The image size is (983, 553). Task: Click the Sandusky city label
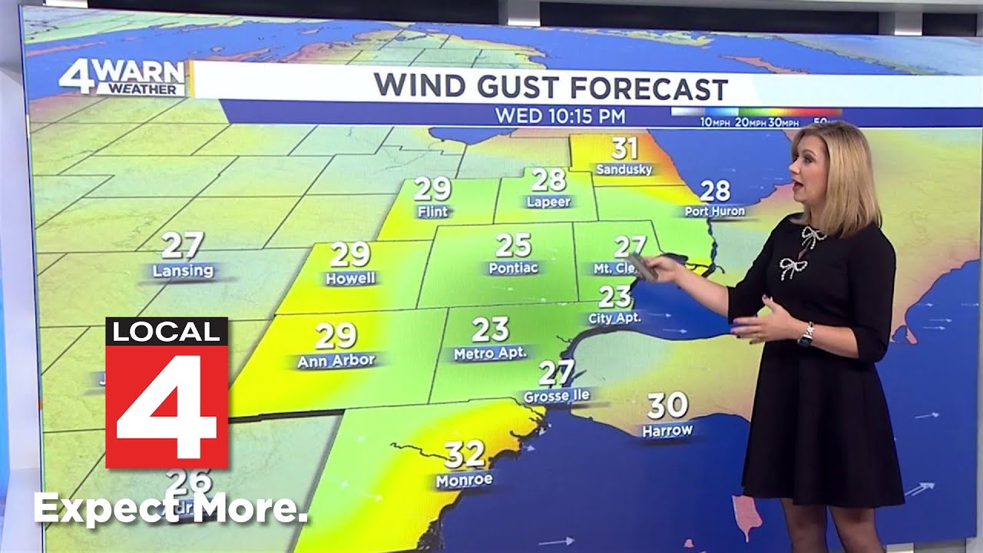[624, 169]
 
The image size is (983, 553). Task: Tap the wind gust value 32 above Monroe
[465, 455]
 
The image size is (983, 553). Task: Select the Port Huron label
[714, 211]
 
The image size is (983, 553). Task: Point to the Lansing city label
[183, 271]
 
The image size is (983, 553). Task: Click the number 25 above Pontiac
[513, 246]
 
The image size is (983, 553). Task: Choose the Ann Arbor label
[336, 360]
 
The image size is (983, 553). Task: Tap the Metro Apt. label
[490, 353]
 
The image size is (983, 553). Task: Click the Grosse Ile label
[556, 396]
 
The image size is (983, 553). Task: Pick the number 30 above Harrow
[667, 405]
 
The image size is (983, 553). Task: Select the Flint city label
[432, 211]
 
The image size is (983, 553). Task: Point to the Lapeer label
[548, 202]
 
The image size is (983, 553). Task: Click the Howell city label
[350, 278]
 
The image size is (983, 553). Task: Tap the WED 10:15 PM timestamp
[560, 117]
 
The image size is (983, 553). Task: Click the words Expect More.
[170, 509]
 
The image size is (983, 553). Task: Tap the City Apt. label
[614, 317]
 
